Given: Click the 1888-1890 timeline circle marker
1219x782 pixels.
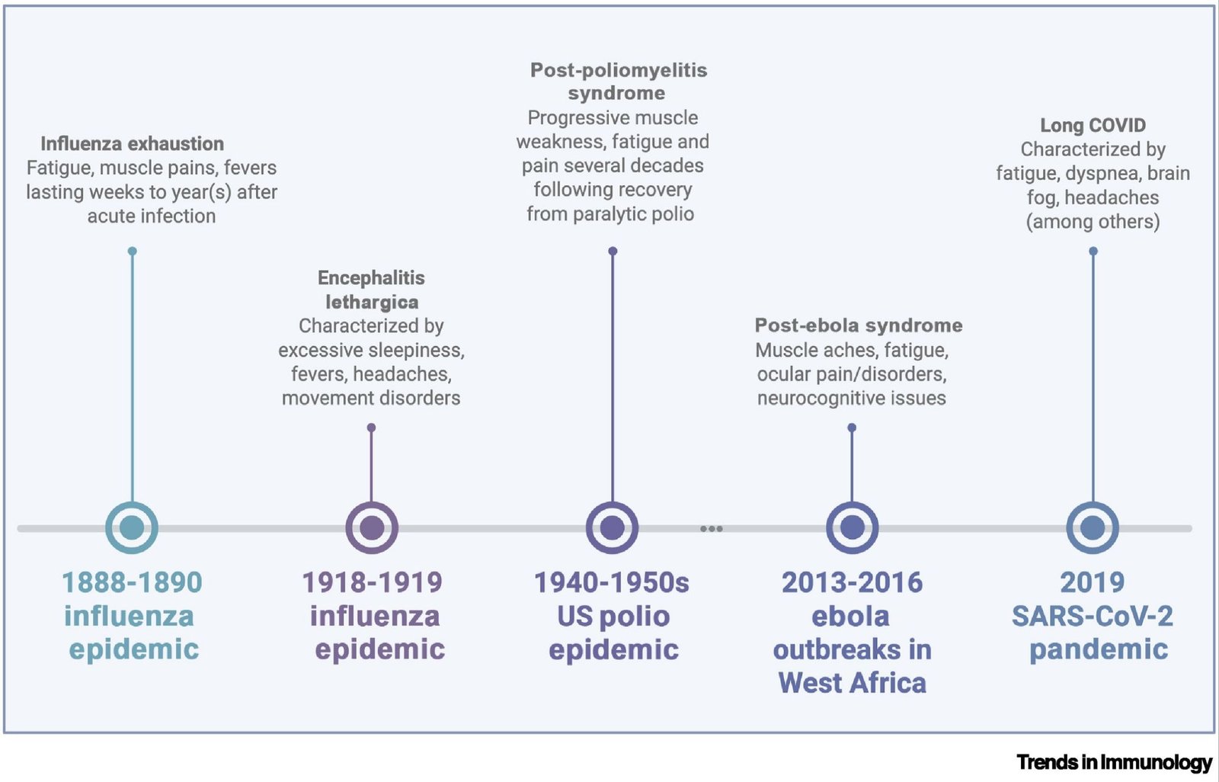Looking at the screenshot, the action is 132,527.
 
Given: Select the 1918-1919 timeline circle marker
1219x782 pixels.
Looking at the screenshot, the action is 372,527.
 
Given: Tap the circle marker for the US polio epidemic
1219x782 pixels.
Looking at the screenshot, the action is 613,527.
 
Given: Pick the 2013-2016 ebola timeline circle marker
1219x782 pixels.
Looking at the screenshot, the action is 853,527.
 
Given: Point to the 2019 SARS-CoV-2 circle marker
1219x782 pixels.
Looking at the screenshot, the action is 1093,527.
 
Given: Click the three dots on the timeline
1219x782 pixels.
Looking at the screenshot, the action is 712,528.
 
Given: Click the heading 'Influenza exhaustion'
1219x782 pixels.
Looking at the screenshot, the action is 133,144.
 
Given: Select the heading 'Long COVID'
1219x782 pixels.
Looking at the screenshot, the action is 1093,125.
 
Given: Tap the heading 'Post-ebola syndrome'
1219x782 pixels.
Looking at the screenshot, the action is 858,325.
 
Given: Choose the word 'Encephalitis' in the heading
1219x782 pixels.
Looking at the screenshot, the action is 371,277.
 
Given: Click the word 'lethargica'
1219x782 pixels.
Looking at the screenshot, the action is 373,302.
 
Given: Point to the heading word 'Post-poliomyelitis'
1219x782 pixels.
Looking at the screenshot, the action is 619,70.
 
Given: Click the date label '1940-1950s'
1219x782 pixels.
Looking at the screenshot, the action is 612,582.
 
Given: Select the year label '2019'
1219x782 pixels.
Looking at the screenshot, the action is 1093,582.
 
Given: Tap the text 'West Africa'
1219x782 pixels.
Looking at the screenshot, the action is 853,683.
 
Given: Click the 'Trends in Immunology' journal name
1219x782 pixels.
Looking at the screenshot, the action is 1115,762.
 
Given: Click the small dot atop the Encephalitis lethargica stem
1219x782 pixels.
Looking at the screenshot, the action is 371,428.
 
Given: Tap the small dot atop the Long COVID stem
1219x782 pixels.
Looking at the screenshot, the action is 1093,251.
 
